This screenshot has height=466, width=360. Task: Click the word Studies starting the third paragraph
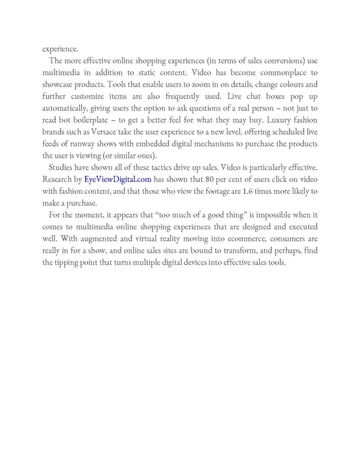(63, 167)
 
